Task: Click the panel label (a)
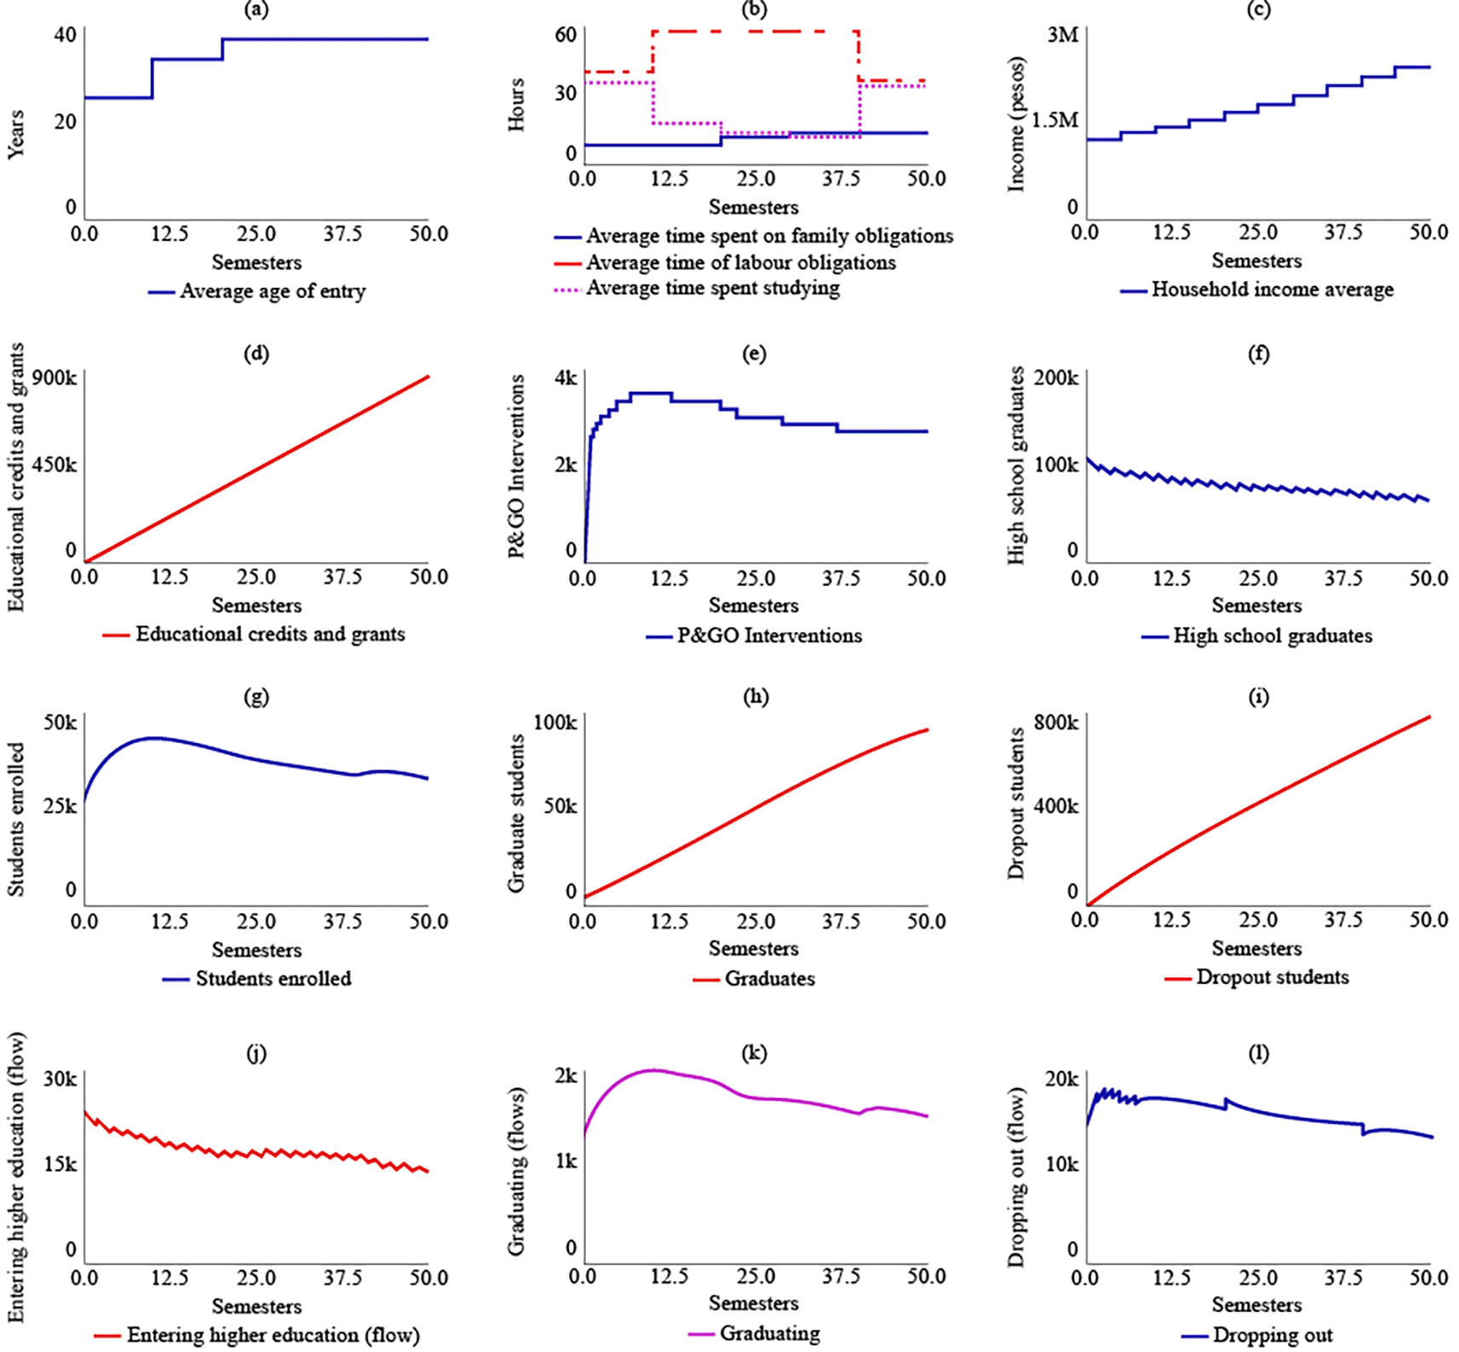(256, 10)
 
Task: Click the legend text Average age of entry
(273, 291)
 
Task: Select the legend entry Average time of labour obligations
(740, 262)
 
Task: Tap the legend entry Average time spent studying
(712, 288)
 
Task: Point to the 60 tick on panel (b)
(566, 35)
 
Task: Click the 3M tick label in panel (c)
(1062, 35)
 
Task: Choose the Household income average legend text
(1272, 290)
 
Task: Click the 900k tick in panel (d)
(55, 377)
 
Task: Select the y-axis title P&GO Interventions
(516, 467)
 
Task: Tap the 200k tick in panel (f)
(1056, 377)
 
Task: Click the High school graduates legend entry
(1272, 636)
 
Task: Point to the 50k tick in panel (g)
(60, 722)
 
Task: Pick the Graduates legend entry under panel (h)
(769, 979)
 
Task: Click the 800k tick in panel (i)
(1056, 722)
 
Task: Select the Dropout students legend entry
(1272, 977)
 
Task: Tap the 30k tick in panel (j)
(60, 1079)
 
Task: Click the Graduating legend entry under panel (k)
(769, 1333)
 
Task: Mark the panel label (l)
(1258, 1054)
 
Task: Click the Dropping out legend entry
(1272, 1335)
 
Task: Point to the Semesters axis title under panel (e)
(754, 606)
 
